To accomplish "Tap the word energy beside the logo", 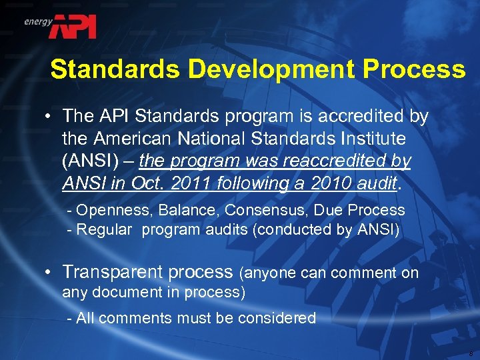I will (x=38, y=21).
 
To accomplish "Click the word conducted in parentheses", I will (x=309, y=230).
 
